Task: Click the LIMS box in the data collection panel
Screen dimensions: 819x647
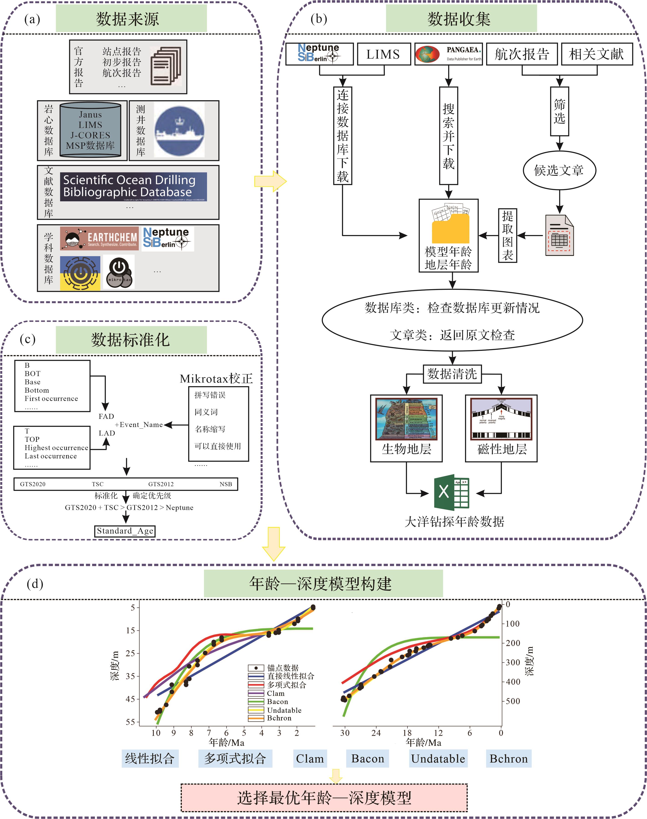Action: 383,54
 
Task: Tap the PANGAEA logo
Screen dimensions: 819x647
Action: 448,54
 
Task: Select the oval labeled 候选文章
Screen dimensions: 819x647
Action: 559,170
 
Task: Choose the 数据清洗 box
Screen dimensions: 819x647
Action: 452,374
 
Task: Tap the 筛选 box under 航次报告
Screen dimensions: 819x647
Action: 559,111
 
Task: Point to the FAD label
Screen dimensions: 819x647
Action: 106,416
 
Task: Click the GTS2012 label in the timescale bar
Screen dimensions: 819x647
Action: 161,484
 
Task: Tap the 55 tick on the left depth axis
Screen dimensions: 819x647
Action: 130,722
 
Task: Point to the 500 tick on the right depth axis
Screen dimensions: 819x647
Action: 513,701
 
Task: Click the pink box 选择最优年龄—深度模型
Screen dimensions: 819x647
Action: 324,798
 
